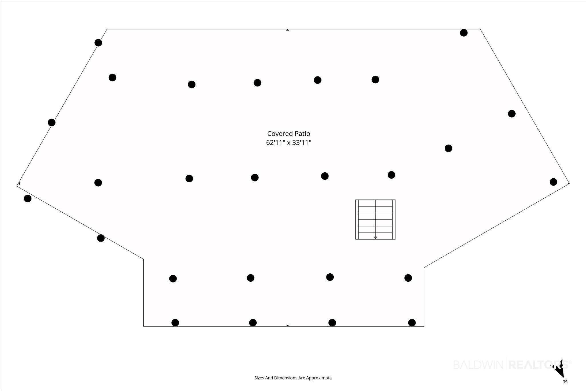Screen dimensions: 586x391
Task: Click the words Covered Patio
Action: [x=288, y=133]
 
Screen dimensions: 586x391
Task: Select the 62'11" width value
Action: [x=276, y=142]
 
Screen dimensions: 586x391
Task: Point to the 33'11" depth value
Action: [x=302, y=142]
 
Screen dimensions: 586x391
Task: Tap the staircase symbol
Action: [x=375, y=219]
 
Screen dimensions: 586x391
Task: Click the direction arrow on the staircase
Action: [x=375, y=237]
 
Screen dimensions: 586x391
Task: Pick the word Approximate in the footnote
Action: [x=319, y=378]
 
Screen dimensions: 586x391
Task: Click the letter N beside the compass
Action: [x=565, y=381]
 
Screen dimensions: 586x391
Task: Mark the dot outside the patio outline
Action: [x=27, y=198]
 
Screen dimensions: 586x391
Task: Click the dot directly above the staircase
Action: [x=391, y=175]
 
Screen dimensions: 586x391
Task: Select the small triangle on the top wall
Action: [x=288, y=30]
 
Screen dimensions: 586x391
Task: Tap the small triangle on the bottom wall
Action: [x=288, y=325]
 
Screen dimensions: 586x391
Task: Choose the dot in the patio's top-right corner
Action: [x=464, y=33]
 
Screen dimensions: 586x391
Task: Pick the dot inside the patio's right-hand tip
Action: [x=553, y=182]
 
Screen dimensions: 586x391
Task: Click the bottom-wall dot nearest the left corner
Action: [x=175, y=323]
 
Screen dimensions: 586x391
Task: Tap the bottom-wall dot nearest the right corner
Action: [x=412, y=323]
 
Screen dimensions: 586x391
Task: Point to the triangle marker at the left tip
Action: [x=19, y=183]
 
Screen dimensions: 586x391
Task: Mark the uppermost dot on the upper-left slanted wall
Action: [x=98, y=43]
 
